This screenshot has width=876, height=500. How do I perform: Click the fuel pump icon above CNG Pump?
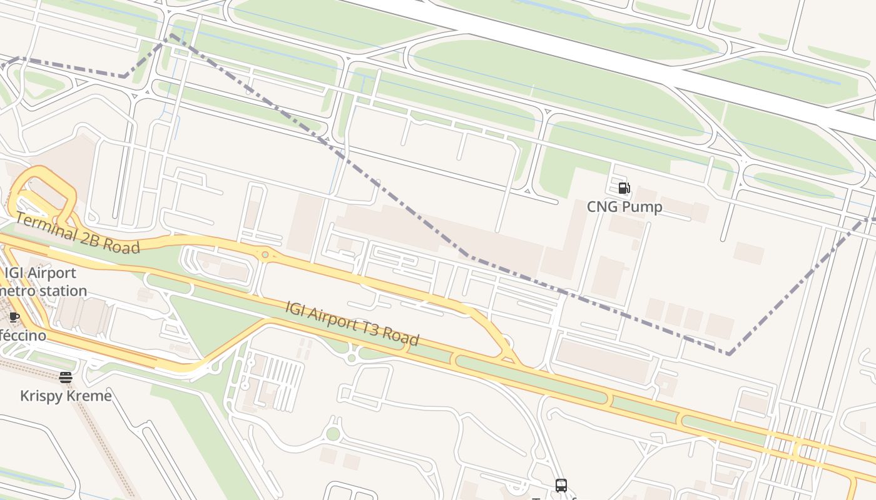pos(624,187)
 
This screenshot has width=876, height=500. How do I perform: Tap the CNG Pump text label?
pos(624,207)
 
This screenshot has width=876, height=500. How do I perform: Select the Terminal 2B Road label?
pos(76,233)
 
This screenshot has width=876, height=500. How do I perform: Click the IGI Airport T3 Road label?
pos(352,323)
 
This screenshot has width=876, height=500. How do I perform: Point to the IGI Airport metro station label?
pos(41,282)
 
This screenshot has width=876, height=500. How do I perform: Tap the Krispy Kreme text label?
pos(66,396)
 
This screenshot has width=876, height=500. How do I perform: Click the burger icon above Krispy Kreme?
pos(66,377)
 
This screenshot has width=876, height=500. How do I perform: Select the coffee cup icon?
pos(14,317)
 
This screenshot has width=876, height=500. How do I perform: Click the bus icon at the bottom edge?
pos(561,485)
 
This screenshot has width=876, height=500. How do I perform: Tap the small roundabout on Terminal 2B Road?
pos(265,254)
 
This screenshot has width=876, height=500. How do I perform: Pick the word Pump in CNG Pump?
pos(643,207)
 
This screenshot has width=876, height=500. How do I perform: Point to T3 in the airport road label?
pos(370,328)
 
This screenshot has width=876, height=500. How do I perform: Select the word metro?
pos(19,291)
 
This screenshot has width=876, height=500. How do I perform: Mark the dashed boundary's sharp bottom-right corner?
pos(729,354)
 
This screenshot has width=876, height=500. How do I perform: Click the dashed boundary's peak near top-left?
pos(170,35)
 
